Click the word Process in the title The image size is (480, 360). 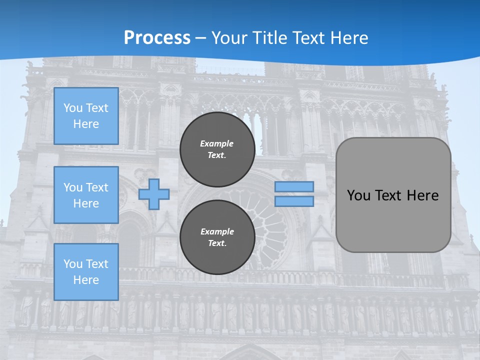pos(157,38)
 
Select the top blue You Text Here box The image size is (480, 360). pos(86,116)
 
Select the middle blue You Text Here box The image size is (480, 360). pos(86,195)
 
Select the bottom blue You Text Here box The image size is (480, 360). pos(86,272)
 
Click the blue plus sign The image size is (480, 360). pos(153,194)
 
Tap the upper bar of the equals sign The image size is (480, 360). pos(294,186)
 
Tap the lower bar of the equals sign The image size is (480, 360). pos(294,201)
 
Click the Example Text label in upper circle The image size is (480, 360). pos(217,149)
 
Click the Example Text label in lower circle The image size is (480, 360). pos(217,237)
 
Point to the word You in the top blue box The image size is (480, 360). pos(72,108)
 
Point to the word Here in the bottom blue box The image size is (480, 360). pos(86,280)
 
